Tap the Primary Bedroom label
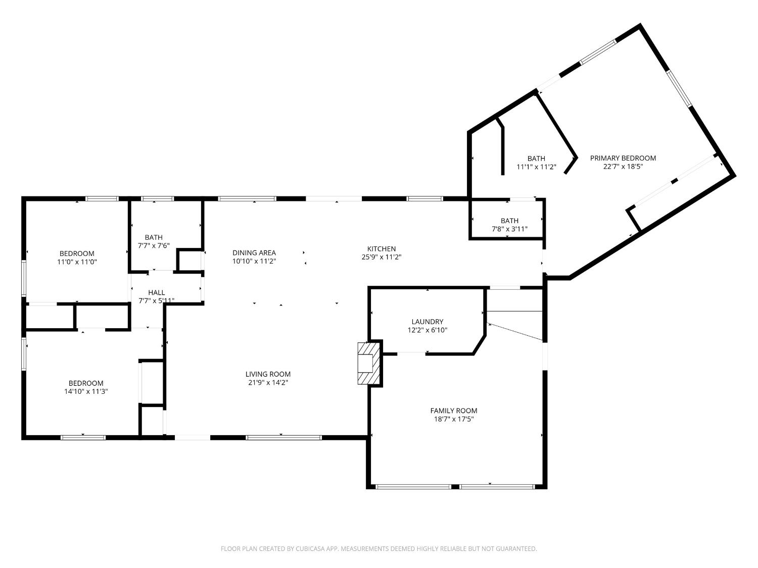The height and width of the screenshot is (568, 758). click(x=623, y=158)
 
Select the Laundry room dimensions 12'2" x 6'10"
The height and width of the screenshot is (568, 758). click(x=427, y=330)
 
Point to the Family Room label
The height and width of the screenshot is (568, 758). click(x=453, y=410)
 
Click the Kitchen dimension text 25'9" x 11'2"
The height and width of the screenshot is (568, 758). click(x=381, y=257)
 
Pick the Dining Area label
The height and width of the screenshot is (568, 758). click(x=254, y=252)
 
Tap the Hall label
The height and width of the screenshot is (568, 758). click(x=156, y=292)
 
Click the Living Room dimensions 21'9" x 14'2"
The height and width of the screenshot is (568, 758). click(x=268, y=383)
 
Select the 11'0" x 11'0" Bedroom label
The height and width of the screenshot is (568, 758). click(x=77, y=253)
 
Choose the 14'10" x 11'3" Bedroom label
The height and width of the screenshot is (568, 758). click(x=85, y=383)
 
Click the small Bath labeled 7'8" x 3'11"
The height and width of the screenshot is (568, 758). click(x=509, y=221)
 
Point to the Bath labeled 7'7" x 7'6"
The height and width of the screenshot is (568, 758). click(x=154, y=237)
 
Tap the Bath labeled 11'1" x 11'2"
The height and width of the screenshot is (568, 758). click(x=536, y=159)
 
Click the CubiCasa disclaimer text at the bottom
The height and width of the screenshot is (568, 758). click(x=378, y=548)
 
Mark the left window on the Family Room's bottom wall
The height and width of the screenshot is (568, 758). click(x=413, y=487)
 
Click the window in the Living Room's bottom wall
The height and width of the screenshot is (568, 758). click(x=283, y=437)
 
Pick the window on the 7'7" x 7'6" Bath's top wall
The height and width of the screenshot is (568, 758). click(x=157, y=199)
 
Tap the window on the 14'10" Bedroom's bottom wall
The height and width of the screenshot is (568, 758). click(x=83, y=437)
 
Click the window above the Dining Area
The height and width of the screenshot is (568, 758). click(x=247, y=199)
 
